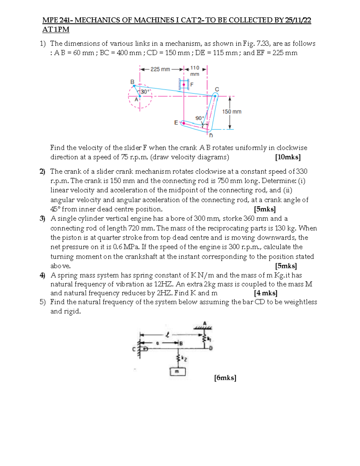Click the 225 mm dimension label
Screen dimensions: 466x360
pos(160,69)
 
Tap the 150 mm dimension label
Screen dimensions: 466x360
pos(232,112)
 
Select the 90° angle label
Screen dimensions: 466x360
pos(199,118)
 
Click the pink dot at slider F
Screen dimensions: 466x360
pos(184,85)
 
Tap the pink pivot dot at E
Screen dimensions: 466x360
pos(184,122)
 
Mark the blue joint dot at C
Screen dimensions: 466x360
pos(215,96)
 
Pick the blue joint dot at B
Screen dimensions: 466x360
pos(134,86)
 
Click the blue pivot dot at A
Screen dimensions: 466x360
pos(140,96)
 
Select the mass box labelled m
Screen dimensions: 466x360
pos(178,372)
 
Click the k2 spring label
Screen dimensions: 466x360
pos(184,359)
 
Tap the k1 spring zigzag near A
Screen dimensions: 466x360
pos(205,338)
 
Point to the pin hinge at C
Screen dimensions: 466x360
pos(145,349)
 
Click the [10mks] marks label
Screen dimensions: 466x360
pos(288,157)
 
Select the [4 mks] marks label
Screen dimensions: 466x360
pos(265,293)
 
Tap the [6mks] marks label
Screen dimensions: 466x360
pos(225,378)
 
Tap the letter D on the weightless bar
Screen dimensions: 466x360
pos(211,348)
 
